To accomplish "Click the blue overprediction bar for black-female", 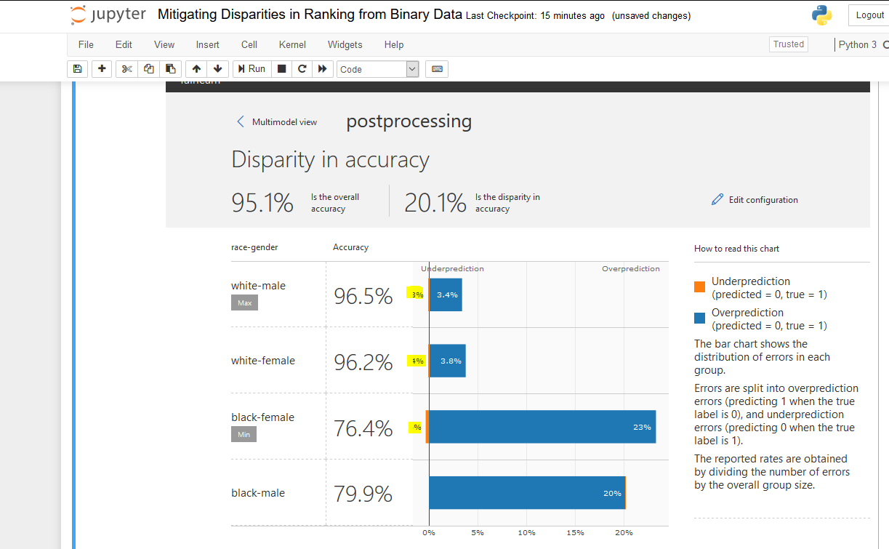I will coord(542,427).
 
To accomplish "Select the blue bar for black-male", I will coord(526,493).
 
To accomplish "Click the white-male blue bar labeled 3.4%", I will coord(446,294).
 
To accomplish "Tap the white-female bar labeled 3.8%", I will coord(448,361).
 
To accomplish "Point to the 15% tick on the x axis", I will coord(575,533).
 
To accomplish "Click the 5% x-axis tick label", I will coord(478,533).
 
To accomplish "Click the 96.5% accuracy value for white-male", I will coord(363,296).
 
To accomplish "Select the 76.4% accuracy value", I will coord(363,428).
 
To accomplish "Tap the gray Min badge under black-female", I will coord(244,434).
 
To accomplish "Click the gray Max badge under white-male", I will coord(244,302).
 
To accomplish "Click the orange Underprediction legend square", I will coord(700,287).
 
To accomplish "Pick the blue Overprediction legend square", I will coord(700,318).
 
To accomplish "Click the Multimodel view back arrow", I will coord(241,121).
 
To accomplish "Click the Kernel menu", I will coord(292,44).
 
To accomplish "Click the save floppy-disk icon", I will coord(77,69).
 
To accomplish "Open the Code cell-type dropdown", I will coord(378,69).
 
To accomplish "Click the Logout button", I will coord(869,15).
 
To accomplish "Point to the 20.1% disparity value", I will coord(435,203).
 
